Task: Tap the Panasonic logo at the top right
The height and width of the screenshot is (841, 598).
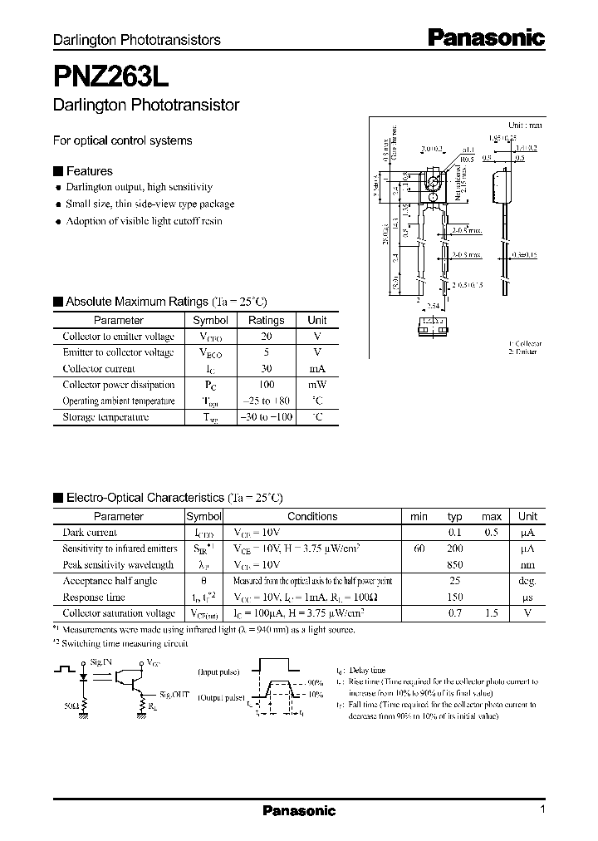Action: pyautogui.click(x=486, y=37)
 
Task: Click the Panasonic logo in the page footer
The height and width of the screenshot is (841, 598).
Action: pyautogui.click(x=299, y=811)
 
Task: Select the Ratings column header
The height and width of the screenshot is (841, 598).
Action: pyautogui.click(x=266, y=320)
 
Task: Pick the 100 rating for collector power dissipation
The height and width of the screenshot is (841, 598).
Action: pyautogui.click(x=266, y=385)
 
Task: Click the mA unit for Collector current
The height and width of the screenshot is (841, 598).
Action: pyautogui.click(x=317, y=368)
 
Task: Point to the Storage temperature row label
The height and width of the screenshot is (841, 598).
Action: pyautogui.click(x=106, y=417)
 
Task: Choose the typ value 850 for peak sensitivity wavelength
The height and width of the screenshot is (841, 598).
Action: pyautogui.click(x=453, y=565)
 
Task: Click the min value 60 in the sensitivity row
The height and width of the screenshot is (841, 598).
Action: pyautogui.click(x=419, y=548)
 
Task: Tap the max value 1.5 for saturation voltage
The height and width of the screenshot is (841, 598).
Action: pyautogui.click(x=492, y=613)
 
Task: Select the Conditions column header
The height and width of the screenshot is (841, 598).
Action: pyautogui.click(x=312, y=516)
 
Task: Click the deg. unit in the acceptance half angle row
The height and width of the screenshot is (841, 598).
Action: pyautogui.click(x=528, y=581)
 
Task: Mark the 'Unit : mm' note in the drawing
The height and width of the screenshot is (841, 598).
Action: pyautogui.click(x=524, y=125)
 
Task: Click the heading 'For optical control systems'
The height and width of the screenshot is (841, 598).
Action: pyautogui.click(x=122, y=140)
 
